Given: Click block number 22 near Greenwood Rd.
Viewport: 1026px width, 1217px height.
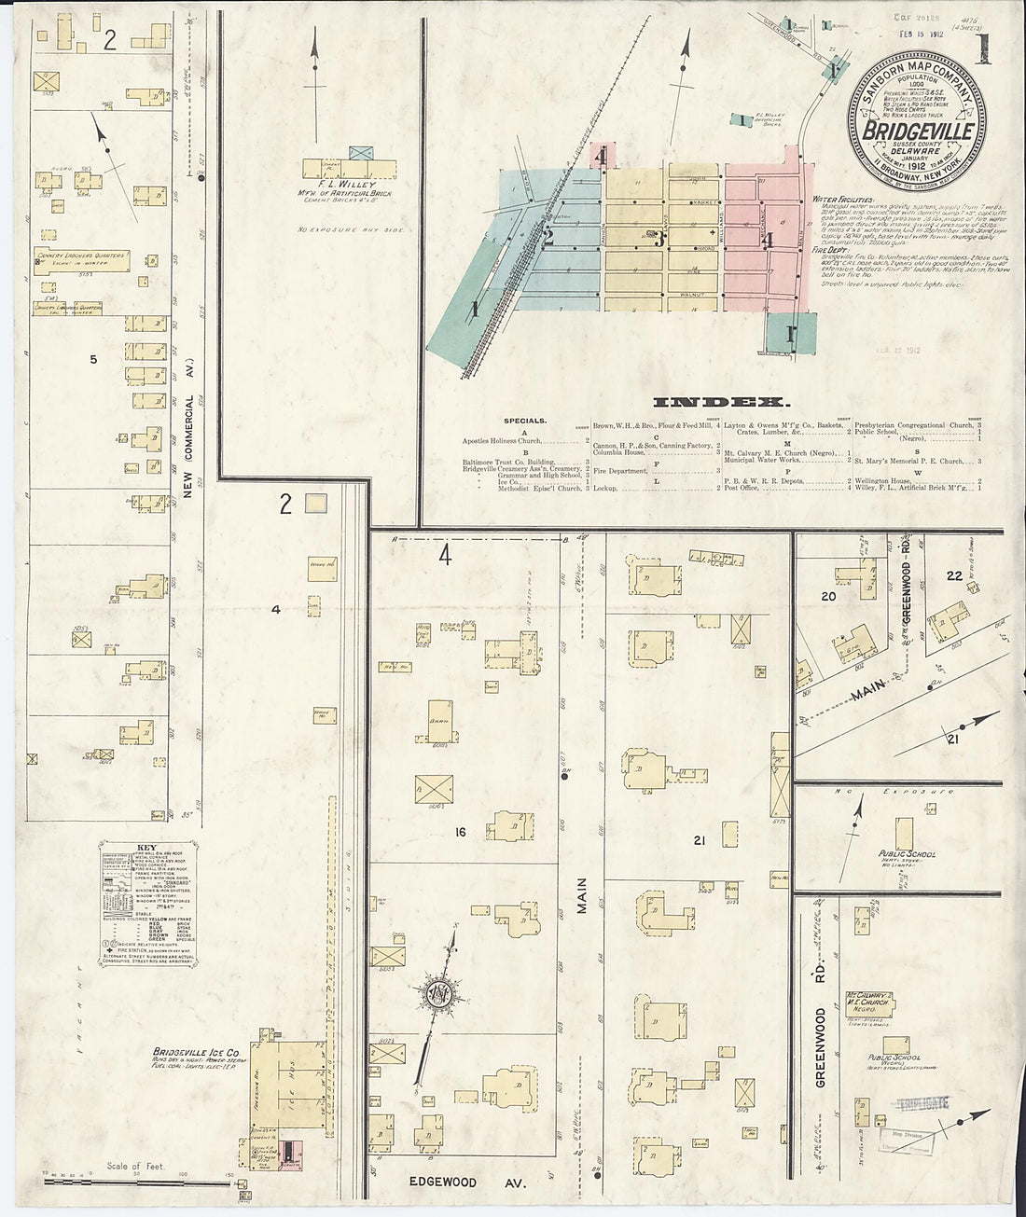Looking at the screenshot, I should point(953,575).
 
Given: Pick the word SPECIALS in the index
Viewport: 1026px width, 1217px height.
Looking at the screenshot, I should point(526,421).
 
